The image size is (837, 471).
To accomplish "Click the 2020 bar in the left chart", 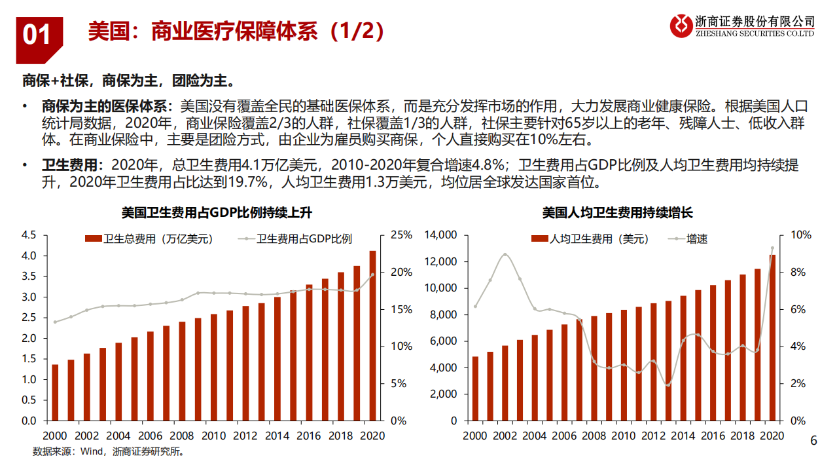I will point(372,335).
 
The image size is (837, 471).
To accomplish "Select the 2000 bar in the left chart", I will point(55,392).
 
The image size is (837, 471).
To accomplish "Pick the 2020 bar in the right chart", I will point(772,337).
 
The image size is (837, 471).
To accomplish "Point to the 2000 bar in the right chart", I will point(475,388).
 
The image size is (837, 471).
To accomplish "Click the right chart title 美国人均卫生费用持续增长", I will point(617,212).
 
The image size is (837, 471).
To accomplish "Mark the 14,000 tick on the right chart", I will point(439,235).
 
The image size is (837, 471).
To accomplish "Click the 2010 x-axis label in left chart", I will point(214,435).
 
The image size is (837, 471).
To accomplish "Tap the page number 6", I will point(813,441).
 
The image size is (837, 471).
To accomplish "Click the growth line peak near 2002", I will point(505,254).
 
